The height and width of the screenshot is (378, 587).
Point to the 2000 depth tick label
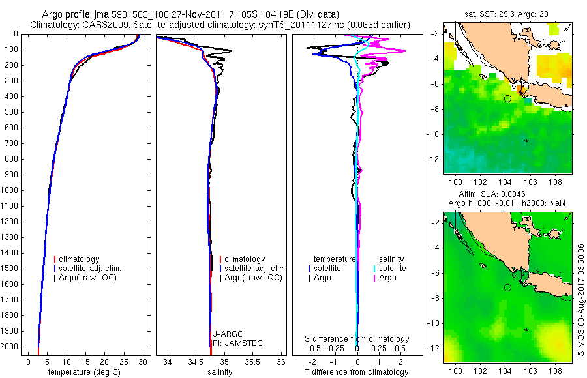click(10, 347)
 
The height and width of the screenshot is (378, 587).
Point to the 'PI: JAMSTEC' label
click(235, 343)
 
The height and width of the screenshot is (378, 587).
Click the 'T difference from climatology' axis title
click(357, 372)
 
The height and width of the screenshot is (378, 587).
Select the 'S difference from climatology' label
click(357, 339)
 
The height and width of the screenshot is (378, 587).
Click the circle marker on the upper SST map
click(507, 98)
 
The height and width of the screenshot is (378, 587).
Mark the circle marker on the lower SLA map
click(507, 287)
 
